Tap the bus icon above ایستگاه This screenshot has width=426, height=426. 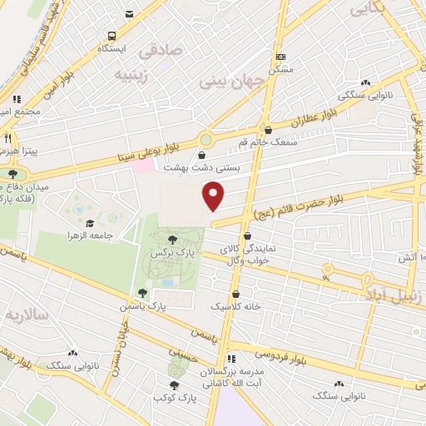112,37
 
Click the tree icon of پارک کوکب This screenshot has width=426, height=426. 173,384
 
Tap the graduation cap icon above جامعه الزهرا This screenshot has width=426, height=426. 88,222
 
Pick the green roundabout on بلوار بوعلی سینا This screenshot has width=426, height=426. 206,139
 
